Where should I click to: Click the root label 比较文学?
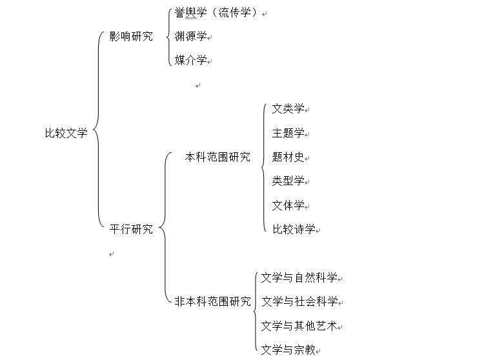[66, 134]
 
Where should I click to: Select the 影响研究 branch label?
[131, 36]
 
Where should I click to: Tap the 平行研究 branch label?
[131, 229]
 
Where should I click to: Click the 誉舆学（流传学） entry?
[216, 13]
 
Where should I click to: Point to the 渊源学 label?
[190, 37]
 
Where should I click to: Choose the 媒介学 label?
[190, 60]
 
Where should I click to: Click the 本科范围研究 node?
[217, 157]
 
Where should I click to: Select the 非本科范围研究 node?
[212, 301]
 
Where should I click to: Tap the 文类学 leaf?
[288, 108]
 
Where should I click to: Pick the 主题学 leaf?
[288, 133]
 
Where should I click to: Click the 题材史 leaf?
[288, 157]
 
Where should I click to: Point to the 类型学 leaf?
[288, 181]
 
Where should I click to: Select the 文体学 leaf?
[288, 205]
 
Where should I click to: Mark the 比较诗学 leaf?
[294, 229]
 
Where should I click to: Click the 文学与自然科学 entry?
[299, 278]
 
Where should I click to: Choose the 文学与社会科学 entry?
[299, 301]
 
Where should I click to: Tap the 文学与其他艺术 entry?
[299, 326]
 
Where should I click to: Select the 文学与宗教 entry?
[288, 350]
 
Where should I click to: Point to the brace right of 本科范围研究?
[263, 168]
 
